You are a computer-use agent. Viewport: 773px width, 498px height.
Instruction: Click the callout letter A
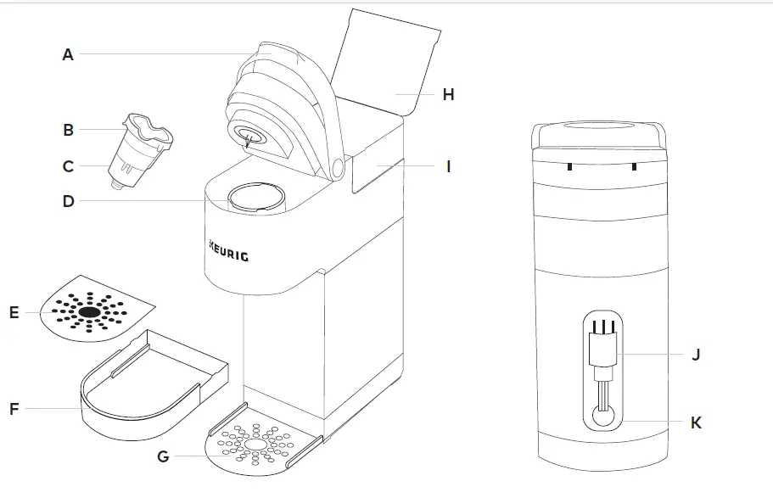[68, 54]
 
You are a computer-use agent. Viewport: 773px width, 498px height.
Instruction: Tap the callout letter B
[68, 131]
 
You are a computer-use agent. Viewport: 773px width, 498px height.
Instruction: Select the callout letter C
[68, 166]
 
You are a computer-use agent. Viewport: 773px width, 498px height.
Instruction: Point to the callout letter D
[68, 202]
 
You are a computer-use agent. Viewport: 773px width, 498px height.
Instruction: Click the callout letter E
[14, 312]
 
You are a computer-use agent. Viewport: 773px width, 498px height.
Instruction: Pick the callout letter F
[14, 409]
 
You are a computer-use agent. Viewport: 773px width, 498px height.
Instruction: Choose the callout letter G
[163, 456]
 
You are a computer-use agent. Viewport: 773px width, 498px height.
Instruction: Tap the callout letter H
[448, 94]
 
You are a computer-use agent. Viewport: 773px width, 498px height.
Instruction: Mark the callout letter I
[448, 166]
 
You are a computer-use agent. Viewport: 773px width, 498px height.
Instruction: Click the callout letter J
[696, 354]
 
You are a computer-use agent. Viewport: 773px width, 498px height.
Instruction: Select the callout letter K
[696, 422]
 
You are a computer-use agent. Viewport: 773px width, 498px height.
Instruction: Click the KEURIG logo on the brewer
[228, 252]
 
